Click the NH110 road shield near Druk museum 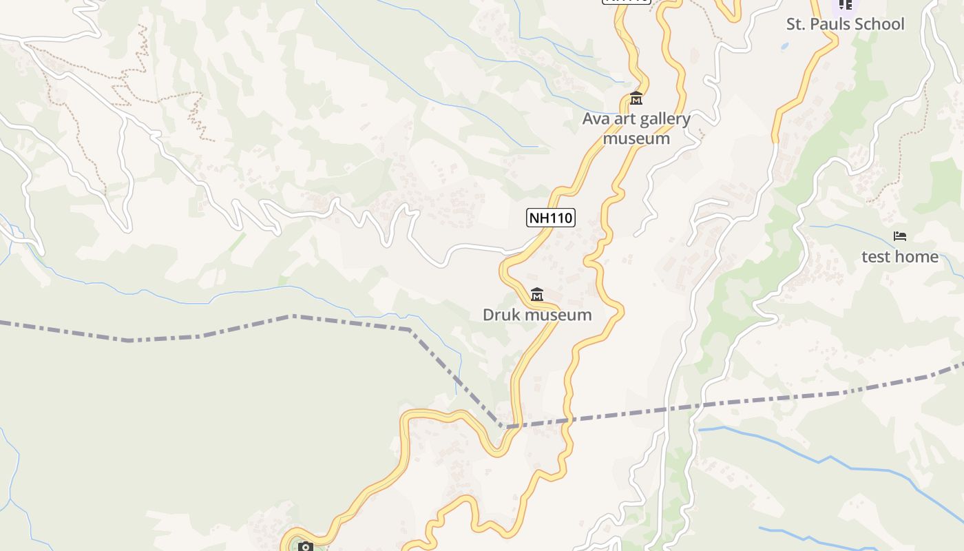[x=551, y=218]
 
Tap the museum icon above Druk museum [x=537, y=295]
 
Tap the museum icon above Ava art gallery [x=636, y=99]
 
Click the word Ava [x=596, y=118]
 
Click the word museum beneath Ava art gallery [x=636, y=138]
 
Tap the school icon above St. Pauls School [x=845, y=4]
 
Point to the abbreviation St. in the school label [x=797, y=24]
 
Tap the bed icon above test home [x=900, y=236]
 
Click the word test [x=876, y=257]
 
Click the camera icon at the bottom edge [x=305, y=547]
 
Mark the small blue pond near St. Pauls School [x=784, y=47]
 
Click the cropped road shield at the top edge [x=627, y=1]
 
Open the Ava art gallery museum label [x=636, y=128]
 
